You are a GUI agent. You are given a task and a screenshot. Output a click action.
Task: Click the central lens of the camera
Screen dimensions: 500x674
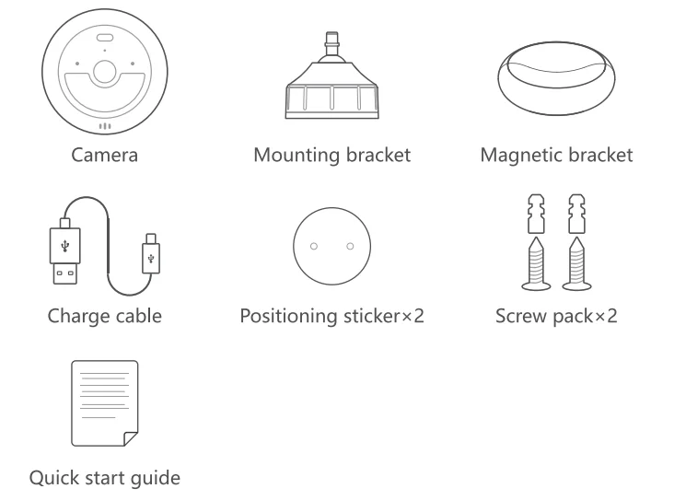[105, 75]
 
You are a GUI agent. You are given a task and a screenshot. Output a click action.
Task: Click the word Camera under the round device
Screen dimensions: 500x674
[105, 156]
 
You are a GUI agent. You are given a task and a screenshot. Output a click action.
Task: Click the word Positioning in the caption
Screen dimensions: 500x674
[285, 318]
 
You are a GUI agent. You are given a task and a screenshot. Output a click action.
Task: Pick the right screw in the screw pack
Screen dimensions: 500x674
[575, 263]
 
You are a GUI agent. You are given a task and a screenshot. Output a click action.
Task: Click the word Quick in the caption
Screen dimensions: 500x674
[54, 480]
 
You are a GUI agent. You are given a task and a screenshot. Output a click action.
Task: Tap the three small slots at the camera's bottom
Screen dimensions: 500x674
[105, 127]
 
